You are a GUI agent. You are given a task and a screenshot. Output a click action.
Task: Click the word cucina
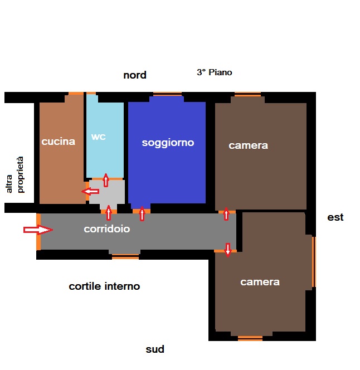point(58,142)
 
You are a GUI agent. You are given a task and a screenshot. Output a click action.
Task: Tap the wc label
point(98,137)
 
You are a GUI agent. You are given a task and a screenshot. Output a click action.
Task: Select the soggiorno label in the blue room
point(168,143)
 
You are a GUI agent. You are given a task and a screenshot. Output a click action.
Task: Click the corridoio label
point(107,229)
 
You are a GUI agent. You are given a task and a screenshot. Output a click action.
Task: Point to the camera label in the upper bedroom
point(248,145)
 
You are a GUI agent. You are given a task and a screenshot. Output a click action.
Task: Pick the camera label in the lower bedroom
point(260,282)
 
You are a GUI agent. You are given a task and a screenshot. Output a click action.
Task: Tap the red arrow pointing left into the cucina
point(90,192)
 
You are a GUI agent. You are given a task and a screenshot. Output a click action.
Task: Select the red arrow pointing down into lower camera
point(227,249)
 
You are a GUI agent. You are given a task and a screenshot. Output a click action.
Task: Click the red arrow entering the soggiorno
point(142,213)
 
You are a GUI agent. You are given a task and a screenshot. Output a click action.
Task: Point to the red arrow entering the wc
point(106,180)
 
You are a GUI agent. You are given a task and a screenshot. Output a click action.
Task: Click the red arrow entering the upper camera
point(226,213)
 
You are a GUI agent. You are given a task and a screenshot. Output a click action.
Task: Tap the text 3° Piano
point(214,72)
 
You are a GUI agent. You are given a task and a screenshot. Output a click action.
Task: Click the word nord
point(135,75)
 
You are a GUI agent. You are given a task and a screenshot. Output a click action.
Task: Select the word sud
point(155,349)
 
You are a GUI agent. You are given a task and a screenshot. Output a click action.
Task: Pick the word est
point(335,217)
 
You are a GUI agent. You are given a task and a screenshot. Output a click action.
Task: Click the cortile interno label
point(104,286)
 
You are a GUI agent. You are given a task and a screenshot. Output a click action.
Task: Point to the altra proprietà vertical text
point(15,175)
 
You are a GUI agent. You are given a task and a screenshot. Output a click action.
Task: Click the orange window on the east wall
point(314,261)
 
